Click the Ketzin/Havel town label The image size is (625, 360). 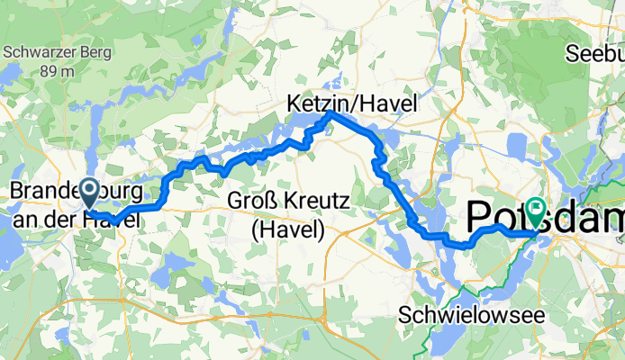tap(351, 104)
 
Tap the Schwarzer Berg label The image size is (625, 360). tap(58, 52)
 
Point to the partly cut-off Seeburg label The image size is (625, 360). tap(595, 54)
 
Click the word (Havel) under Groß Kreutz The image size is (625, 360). tap(287, 229)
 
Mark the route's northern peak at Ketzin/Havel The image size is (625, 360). tap(331, 113)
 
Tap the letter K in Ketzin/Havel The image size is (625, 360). tap(294, 104)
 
